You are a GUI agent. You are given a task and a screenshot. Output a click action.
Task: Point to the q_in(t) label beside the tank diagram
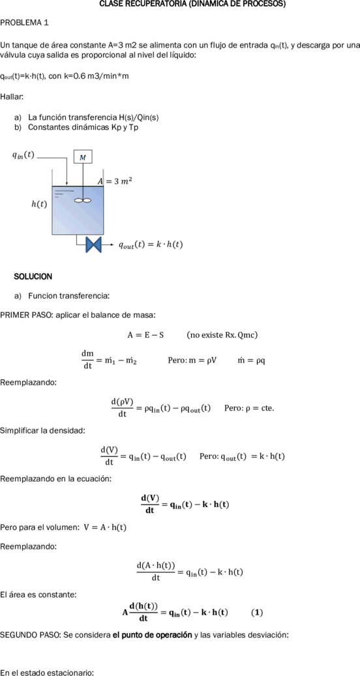click(x=23, y=155)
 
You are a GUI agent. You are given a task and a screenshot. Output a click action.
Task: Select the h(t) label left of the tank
click(x=39, y=204)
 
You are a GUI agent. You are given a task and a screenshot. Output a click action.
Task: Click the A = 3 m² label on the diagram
click(x=114, y=181)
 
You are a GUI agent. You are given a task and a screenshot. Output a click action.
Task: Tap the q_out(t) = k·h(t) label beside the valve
click(x=151, y=244)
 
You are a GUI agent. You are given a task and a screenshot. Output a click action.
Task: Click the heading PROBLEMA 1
click(x=25, y=23)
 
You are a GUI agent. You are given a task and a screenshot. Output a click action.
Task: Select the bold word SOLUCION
click(x=33, y=276)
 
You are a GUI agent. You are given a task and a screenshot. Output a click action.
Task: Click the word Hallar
click(x=12, y=96)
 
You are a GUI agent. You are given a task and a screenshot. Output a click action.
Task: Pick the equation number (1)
click(x=257, y=612)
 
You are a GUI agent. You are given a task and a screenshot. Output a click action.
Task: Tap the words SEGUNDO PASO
click(x=29, y=635)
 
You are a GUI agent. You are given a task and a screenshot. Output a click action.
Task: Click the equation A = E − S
click(x=145, y=335)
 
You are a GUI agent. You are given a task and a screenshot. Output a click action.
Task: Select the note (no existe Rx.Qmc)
click(x=222, y=335)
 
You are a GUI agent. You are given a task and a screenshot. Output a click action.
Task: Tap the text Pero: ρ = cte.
click(x=249, y=408)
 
